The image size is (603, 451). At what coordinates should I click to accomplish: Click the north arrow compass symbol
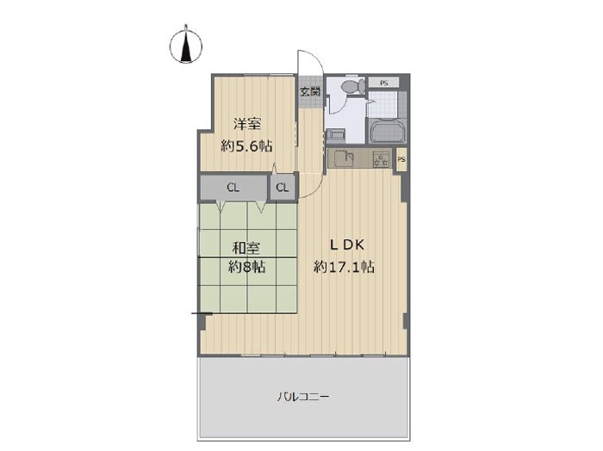click(x=186, y=45)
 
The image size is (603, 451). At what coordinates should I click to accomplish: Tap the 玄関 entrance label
click(x=310, y=92)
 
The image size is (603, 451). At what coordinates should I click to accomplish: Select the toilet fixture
click(x=352, y=86)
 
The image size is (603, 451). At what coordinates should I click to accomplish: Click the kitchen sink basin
click(x=345, y=158)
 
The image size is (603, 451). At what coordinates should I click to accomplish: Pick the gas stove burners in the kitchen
click(x=381, y=159)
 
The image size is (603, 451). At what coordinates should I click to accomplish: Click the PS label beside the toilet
click(x=384, y=83)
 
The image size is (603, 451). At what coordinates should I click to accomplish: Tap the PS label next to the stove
click(x=401, y=159)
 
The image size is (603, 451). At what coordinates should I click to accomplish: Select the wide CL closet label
click(x=233, y=188)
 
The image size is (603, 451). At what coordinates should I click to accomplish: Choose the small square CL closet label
click(x=283, y=188)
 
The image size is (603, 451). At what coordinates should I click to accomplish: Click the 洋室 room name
click(x=247, y=125)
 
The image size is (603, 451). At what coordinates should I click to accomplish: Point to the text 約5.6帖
click(x=246, y=146)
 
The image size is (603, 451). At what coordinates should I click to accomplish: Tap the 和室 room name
click(x=246, y=248)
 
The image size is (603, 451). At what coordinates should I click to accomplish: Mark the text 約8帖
click(x=246, y=267)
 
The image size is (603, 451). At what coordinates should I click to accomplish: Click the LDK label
click(x=347, y=245)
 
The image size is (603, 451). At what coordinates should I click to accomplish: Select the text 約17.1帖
click(x=345, y=266)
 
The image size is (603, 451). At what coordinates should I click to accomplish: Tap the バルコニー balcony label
click(x=303, y=396)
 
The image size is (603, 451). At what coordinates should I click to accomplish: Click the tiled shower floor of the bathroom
click(x=382, y=103)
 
